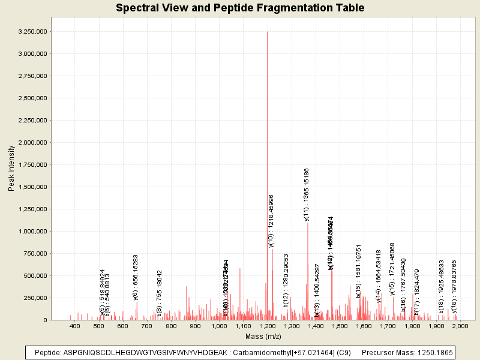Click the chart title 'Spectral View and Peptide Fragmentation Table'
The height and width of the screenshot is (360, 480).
pos(240,8)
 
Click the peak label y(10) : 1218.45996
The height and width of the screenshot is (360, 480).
pos(271,221)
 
